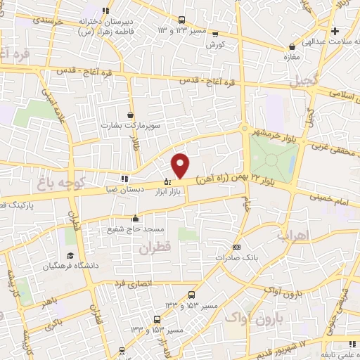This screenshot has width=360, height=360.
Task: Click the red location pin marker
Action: (x=181, y=165)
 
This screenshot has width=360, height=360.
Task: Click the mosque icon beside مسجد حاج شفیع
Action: (x=135, y=218)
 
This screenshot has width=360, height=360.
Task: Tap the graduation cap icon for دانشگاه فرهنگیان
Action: (x=70, y=255)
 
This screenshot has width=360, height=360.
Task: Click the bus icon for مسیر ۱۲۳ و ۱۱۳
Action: (x=183, y=20)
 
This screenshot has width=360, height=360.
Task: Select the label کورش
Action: (x=215, y=44)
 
